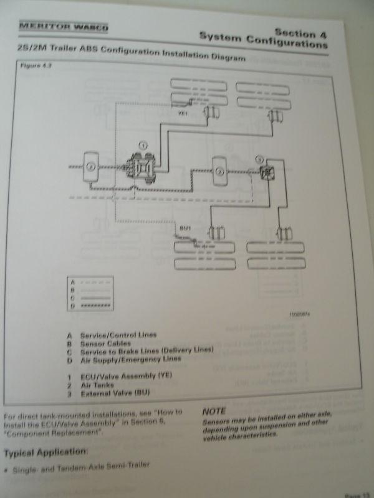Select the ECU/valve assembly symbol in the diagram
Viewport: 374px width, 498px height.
(141, 165)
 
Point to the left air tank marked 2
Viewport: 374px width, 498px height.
(90, 166)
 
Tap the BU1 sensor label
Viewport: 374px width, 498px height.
(184, 229)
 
